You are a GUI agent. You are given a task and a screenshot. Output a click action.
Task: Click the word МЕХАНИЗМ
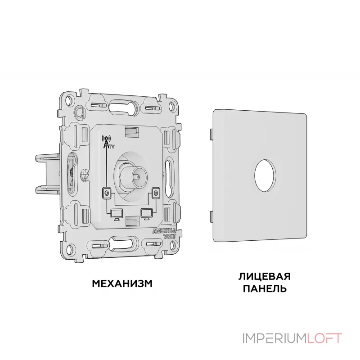click(x=122, y=284)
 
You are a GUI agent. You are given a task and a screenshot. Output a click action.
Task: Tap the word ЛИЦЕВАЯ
click(x=265, y=277)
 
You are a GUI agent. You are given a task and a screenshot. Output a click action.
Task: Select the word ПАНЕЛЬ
click(x=265, y=288)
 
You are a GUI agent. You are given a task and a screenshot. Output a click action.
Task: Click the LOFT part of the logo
click(x=324, y=338)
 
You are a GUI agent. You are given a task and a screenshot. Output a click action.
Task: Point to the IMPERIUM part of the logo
click(x=275, y=338)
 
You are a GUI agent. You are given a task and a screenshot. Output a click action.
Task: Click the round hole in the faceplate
click(x=265, y=175)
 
